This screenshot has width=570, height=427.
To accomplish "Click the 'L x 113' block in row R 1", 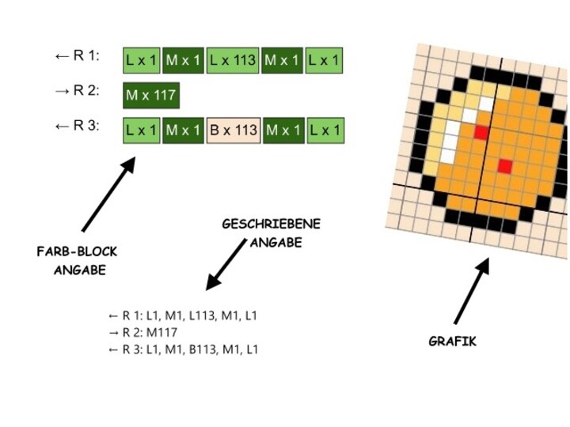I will tap(234, 59).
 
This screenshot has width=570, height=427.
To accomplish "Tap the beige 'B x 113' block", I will tap(234, 130).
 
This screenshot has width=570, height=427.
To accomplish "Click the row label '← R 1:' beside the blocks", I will tap(77, 55).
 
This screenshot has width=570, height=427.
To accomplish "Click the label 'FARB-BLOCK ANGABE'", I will tap(77, 260).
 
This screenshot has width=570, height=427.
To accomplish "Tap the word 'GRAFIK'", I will tap(452, 342).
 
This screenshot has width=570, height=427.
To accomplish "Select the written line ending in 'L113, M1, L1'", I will tap(182, 316).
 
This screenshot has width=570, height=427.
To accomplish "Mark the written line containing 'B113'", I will tap(182, 349).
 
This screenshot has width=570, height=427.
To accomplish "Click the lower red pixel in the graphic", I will tap(504, 165).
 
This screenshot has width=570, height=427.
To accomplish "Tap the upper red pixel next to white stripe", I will tap(481, 133).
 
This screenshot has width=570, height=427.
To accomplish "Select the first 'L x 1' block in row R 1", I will tap(142, 59).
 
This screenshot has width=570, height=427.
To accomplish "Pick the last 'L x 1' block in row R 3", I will tap(325, 130).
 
